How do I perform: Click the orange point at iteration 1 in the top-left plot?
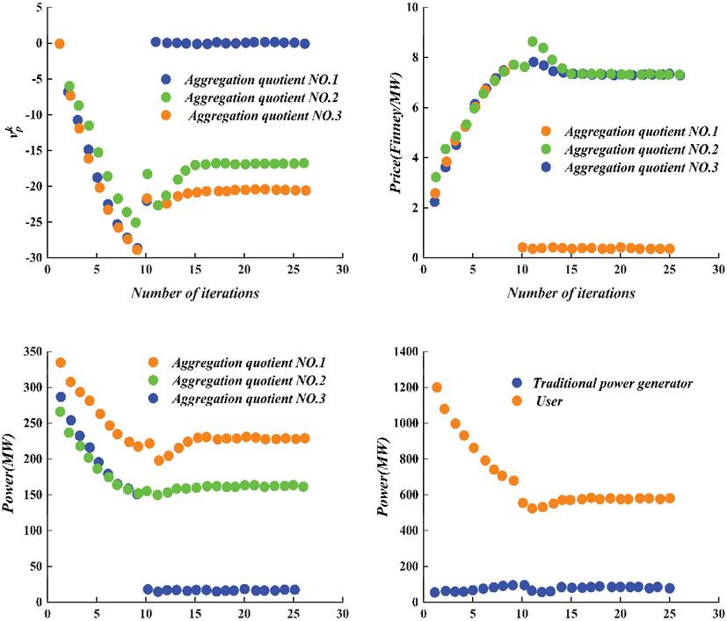(x=59, y=43)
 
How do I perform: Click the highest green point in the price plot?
(x=532, y=41)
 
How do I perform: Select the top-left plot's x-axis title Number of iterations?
(x=195, y=293)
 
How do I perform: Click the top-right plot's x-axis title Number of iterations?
(x=571, y=293)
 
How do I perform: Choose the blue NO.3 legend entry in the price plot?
(x=620, y=168)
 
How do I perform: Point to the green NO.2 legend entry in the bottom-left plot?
(x=237, y=380)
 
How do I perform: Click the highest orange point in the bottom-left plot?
(x=61, y=363)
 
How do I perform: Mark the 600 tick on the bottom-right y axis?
(x=400, y=498)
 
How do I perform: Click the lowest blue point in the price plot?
(x=434, y=202)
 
